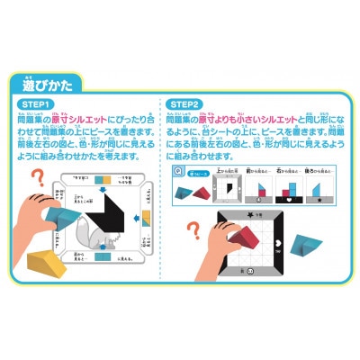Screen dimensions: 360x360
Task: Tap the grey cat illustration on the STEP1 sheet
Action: click(115, 247)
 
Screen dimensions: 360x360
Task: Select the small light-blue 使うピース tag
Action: click(196, 181)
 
